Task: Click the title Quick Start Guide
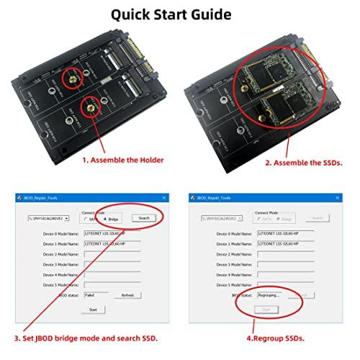179,13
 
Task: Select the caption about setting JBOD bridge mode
86,338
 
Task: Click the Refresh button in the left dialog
127,294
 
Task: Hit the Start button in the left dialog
94,310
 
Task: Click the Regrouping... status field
268,294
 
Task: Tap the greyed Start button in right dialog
266,310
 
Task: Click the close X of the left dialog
162,197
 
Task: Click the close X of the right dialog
335,197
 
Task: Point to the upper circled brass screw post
72,75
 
